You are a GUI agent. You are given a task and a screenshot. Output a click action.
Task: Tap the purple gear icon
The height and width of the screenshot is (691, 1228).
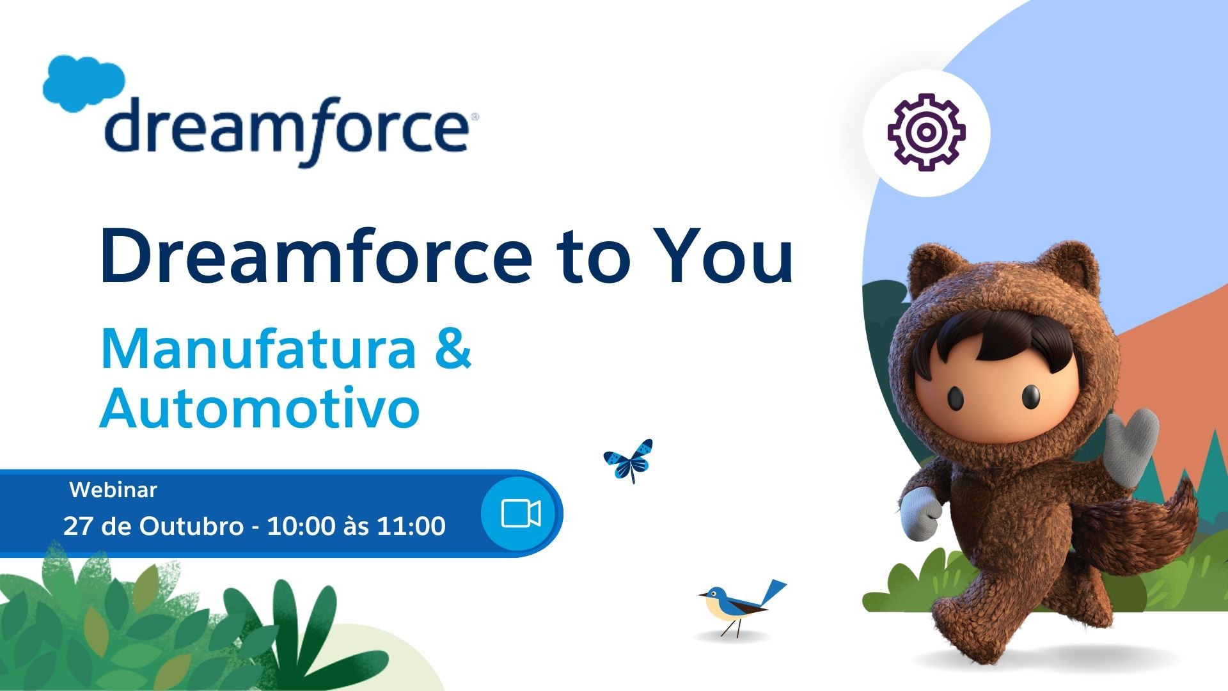point(926,132)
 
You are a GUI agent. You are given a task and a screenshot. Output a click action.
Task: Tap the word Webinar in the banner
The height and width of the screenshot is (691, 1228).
point(113,490)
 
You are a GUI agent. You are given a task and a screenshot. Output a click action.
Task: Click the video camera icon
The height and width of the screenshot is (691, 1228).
point(521,513)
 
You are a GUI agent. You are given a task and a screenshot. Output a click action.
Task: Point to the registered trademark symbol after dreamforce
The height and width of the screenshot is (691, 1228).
point(474,118)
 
